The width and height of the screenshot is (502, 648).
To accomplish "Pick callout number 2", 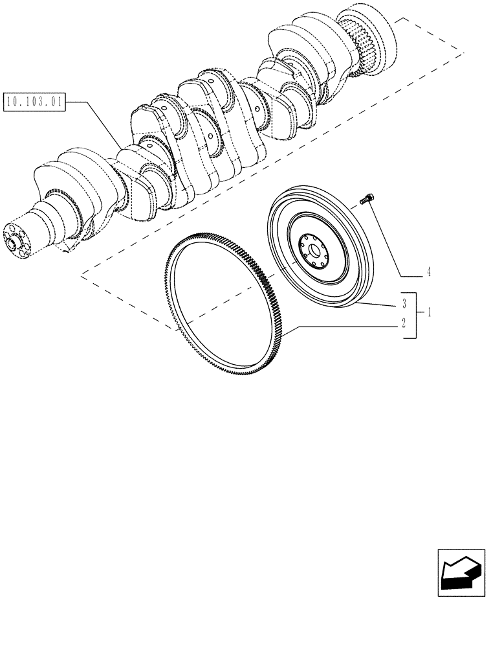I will pyautogui.click(x=403, y=323).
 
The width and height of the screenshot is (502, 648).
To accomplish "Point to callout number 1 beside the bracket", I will pyautogui.click(x=428, y=312).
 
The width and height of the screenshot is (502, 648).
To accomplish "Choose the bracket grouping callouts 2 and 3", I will pyautogui.click(x=414, y=314).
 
